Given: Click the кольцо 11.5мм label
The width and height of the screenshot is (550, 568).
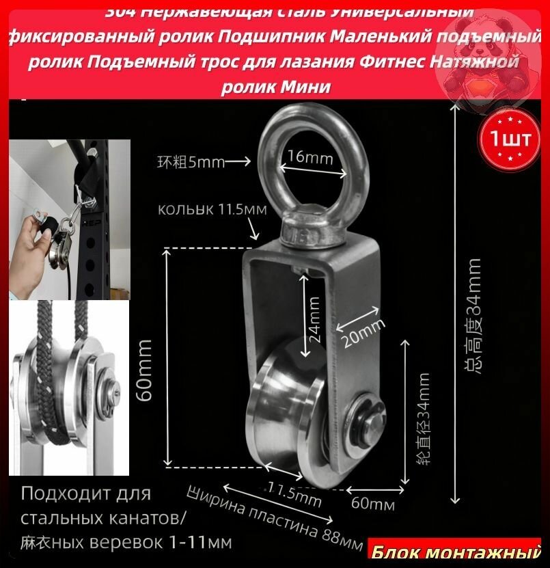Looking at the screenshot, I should pyautogui.click(x=212, y=209).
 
